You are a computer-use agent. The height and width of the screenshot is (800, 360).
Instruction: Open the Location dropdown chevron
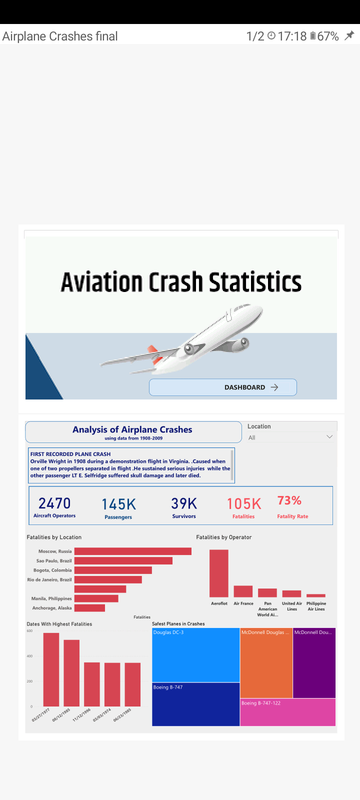(x=329, y=437)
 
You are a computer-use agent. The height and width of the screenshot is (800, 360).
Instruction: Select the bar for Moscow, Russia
(x=132, y=551)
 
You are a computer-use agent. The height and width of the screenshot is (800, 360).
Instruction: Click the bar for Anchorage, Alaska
(x=89, y=608)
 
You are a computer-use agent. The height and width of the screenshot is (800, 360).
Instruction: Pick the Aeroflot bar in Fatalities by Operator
(x=219, y=573)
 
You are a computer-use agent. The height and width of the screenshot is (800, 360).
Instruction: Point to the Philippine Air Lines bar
(x=316, y=595)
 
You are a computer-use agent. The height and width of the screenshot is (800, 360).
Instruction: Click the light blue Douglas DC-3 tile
(x=195, y=655)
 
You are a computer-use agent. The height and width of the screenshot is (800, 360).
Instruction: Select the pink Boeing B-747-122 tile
(x=287, y=712)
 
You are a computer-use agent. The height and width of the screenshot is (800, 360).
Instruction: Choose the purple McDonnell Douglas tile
(x=314, y=662)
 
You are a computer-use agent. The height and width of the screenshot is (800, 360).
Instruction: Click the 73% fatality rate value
(x=289, y=500)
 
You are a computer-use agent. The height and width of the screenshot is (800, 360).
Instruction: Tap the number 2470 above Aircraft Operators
(x=54, y=503)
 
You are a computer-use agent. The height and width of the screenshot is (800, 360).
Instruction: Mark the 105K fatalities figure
(x=244, y=504)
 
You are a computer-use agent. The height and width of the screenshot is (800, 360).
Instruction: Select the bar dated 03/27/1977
(x=51, y=669)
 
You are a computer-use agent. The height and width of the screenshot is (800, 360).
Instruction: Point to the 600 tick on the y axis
(x=29, y=631)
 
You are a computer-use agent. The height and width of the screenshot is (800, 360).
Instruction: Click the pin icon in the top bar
(x=349, y=35)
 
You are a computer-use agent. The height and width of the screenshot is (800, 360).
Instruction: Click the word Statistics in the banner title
(x=255, y=282)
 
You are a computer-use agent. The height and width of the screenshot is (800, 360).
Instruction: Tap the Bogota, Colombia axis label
(x=52, y=570)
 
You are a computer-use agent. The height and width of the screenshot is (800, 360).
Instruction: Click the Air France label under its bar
(x=243, y=603)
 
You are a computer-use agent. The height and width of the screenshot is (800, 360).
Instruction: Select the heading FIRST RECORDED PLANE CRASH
(x=70, y=454)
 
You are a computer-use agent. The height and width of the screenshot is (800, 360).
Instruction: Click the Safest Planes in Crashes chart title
(x=178, y=624)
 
